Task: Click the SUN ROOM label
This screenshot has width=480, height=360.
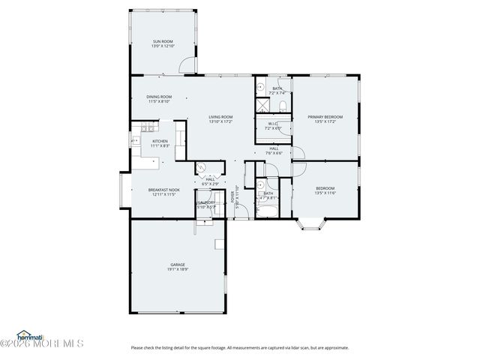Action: pyautogui.click(x=163, y=41)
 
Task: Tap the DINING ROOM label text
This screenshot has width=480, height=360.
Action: pyautogui.click(x=159, y=96)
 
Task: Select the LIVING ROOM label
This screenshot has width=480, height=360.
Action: pyautogui.click(x=220, y=116)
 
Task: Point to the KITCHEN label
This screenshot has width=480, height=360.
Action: pyautogui.click(x=160, y=141)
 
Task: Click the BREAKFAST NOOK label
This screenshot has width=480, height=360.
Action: pyautogui.click(x=163, y=190)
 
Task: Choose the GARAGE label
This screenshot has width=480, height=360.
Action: pyautogui.click(x=178, y=264)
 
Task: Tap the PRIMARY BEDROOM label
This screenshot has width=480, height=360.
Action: pyautogui.click(x=325, y=116)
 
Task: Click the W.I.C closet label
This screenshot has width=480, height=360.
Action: pyautogui.click(x=273, y=124)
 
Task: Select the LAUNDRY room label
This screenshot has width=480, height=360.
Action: pyautogui.click(x=206, y=202)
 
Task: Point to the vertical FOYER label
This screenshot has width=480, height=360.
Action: pyautogui.click(x=233, y=196)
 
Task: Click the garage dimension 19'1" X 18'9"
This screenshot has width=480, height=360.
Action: pyautogui.click(x=178, y=268)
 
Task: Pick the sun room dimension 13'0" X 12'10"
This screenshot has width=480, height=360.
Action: pyautogui.click(x=163, y=46)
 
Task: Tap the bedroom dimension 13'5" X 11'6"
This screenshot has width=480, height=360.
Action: pyautogui.click(x=325, y=192)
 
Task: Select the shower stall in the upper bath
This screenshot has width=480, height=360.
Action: pyautogui.click(x=262, y=87)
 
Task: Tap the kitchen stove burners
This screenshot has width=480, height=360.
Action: pyautogui.click(x=135, y=140)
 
